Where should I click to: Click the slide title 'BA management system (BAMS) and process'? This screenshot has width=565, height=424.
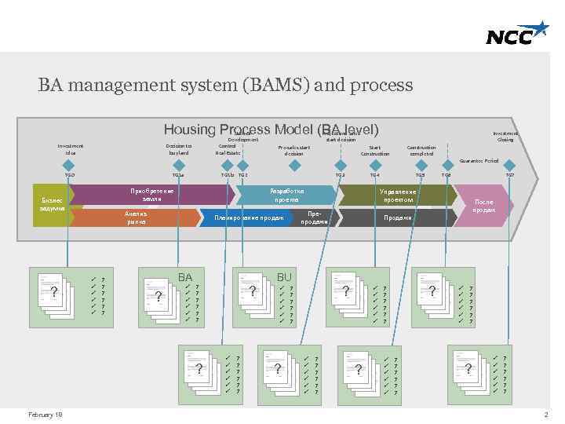pyautogui.click(x=225, y=85)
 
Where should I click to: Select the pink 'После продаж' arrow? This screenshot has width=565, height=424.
pyautogui.click(x=483, y=206)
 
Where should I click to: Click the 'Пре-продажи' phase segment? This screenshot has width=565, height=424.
pyautogui.click(x=314, y=217)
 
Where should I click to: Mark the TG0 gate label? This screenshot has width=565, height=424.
pyautogui.click(x=70, y=174)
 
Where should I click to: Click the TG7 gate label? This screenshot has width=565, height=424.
pyautogui.click(x=509, y=174)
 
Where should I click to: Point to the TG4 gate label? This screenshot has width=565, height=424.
pyautogui.click(x=374, y=174)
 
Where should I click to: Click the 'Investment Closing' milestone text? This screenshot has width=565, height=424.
pyautogui.click(x=505, y=137)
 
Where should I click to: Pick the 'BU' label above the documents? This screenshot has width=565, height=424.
pyautogui.click(x=284, y=277)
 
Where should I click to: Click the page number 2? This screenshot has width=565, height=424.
pyautogui.click(x=545, y=414)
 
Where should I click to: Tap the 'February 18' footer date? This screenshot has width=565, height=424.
pyautogui.click(x=45, y=414)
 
